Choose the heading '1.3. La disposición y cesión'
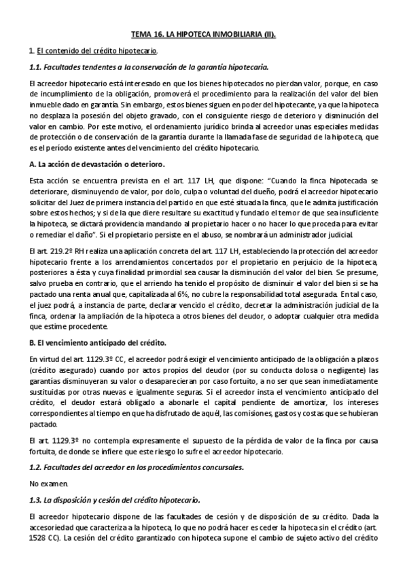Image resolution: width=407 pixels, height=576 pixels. tap(115, 500)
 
